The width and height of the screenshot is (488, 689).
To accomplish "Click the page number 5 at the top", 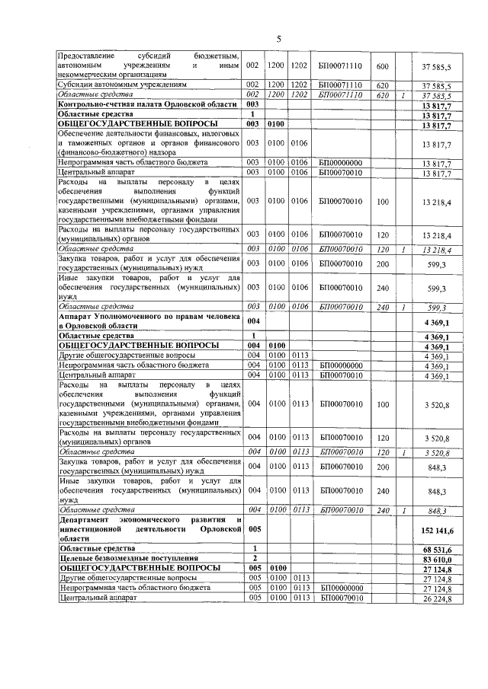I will coord(278,39).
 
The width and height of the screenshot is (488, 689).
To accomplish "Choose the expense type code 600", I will coord(383,65).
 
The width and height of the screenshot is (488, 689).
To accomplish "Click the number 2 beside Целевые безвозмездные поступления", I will coord(252,558).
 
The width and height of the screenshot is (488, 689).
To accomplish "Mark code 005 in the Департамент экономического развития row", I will coord(255,528).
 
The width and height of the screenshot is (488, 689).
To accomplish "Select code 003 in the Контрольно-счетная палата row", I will coord(255,104).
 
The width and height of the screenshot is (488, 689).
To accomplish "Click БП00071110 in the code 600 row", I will coord(340,65).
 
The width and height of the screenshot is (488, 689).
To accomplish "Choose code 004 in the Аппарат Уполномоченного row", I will coord(255,321).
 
